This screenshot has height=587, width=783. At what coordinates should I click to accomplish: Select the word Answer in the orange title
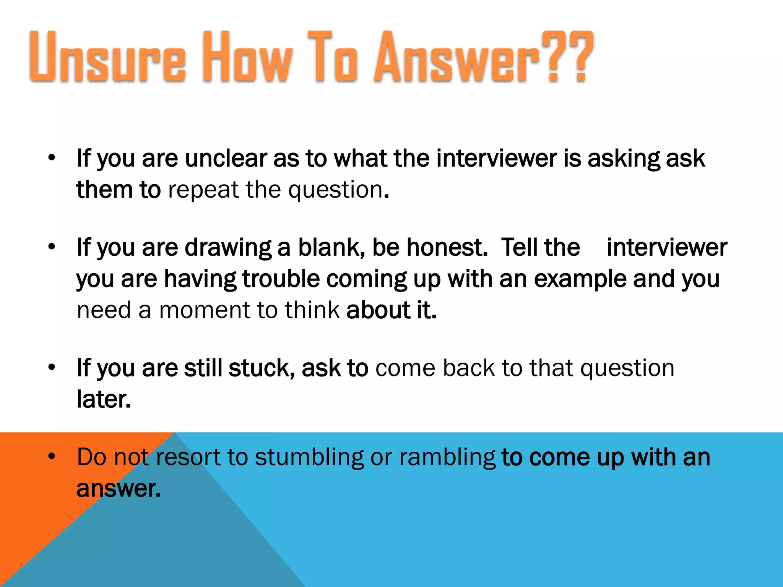point(457,57)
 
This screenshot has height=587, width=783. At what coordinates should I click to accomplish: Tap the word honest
point(447,247)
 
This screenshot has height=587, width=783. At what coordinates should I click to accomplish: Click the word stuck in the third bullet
point(262,368)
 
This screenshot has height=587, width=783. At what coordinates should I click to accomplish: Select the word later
point(104,399)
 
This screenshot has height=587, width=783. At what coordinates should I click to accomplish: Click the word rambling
point(447,457)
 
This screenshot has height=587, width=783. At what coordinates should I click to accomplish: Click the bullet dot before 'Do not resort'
point(52,456)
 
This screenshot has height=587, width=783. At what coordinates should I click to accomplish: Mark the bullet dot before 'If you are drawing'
point(52,246)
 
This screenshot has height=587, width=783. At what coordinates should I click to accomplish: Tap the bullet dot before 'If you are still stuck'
point(52,367)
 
